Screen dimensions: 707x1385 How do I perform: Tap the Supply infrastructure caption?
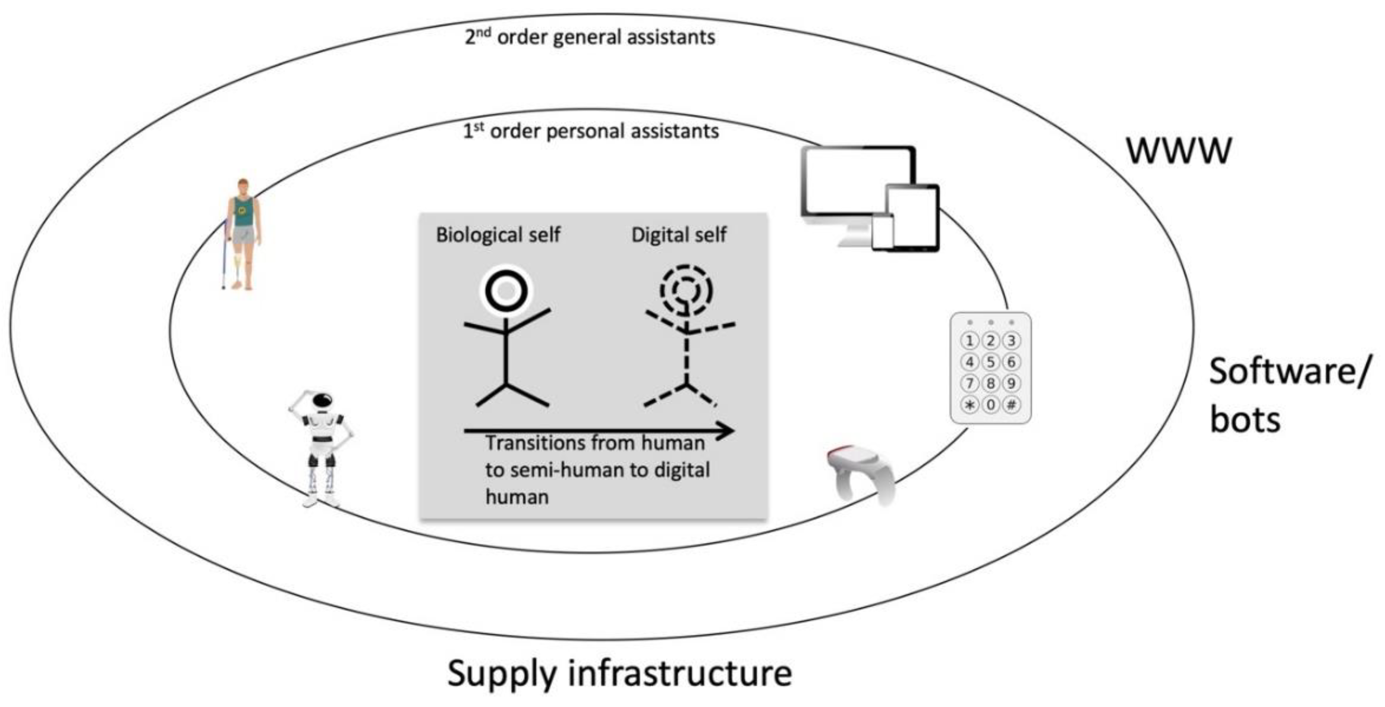coord(619,673)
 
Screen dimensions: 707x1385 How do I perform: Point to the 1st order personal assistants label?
coord(591,131)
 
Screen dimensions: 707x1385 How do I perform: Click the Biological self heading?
coord(498,235)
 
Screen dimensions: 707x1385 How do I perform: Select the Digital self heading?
coord(679,235)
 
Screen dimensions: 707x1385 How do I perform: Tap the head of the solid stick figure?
coord(506,291)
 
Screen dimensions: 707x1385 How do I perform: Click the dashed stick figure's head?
coord(686,291)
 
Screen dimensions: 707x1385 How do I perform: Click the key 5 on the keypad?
coord(990,362)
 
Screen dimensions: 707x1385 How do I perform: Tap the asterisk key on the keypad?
coord(969,405)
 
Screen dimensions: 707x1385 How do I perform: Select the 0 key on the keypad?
coord(990,405)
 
